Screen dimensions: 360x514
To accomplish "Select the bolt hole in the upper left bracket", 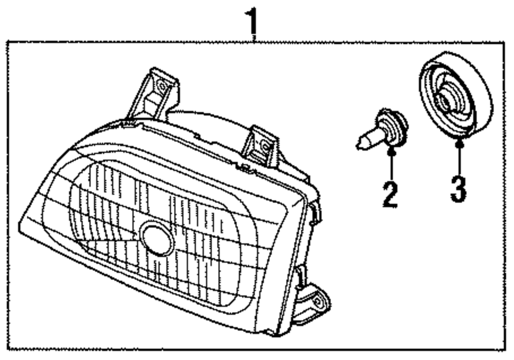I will coord(162,85).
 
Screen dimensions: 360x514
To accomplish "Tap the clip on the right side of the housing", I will coord(315,211).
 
